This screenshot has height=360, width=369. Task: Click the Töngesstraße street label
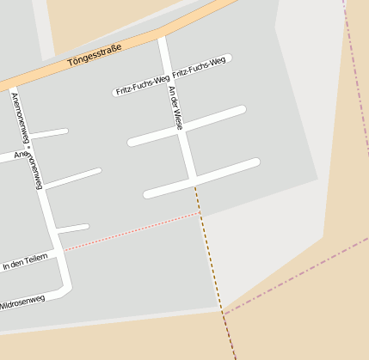[95, 56]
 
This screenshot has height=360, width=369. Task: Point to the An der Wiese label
[175, 107]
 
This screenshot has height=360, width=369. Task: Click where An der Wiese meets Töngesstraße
[162, 39]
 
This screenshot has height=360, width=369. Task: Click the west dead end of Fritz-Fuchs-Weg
[116, 93]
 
